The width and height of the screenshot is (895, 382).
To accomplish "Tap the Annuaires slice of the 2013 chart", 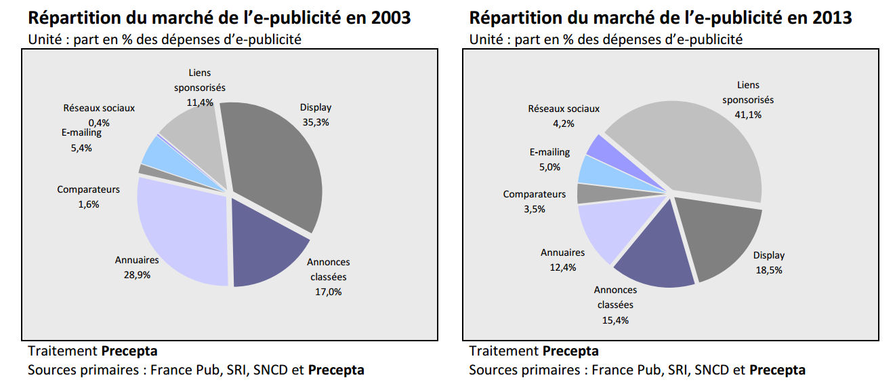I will click(x=603, y=231).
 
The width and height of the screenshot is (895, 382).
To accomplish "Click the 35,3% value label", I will click(x=316, y=122).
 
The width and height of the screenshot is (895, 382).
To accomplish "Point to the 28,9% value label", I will click(x=136, y=275).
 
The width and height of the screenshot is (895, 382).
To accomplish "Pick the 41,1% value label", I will click(x=748, y=115).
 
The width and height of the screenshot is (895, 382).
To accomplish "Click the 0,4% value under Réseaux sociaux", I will click(x=99, y=122).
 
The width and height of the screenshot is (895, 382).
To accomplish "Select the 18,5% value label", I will click(x=768, y=269).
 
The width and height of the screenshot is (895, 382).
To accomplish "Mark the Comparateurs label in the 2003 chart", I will click(x=88, y=189).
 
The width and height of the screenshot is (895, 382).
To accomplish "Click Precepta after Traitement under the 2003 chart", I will click(x=129, y=351).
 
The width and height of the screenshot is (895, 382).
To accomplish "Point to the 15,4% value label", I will click(x=615, y=320).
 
